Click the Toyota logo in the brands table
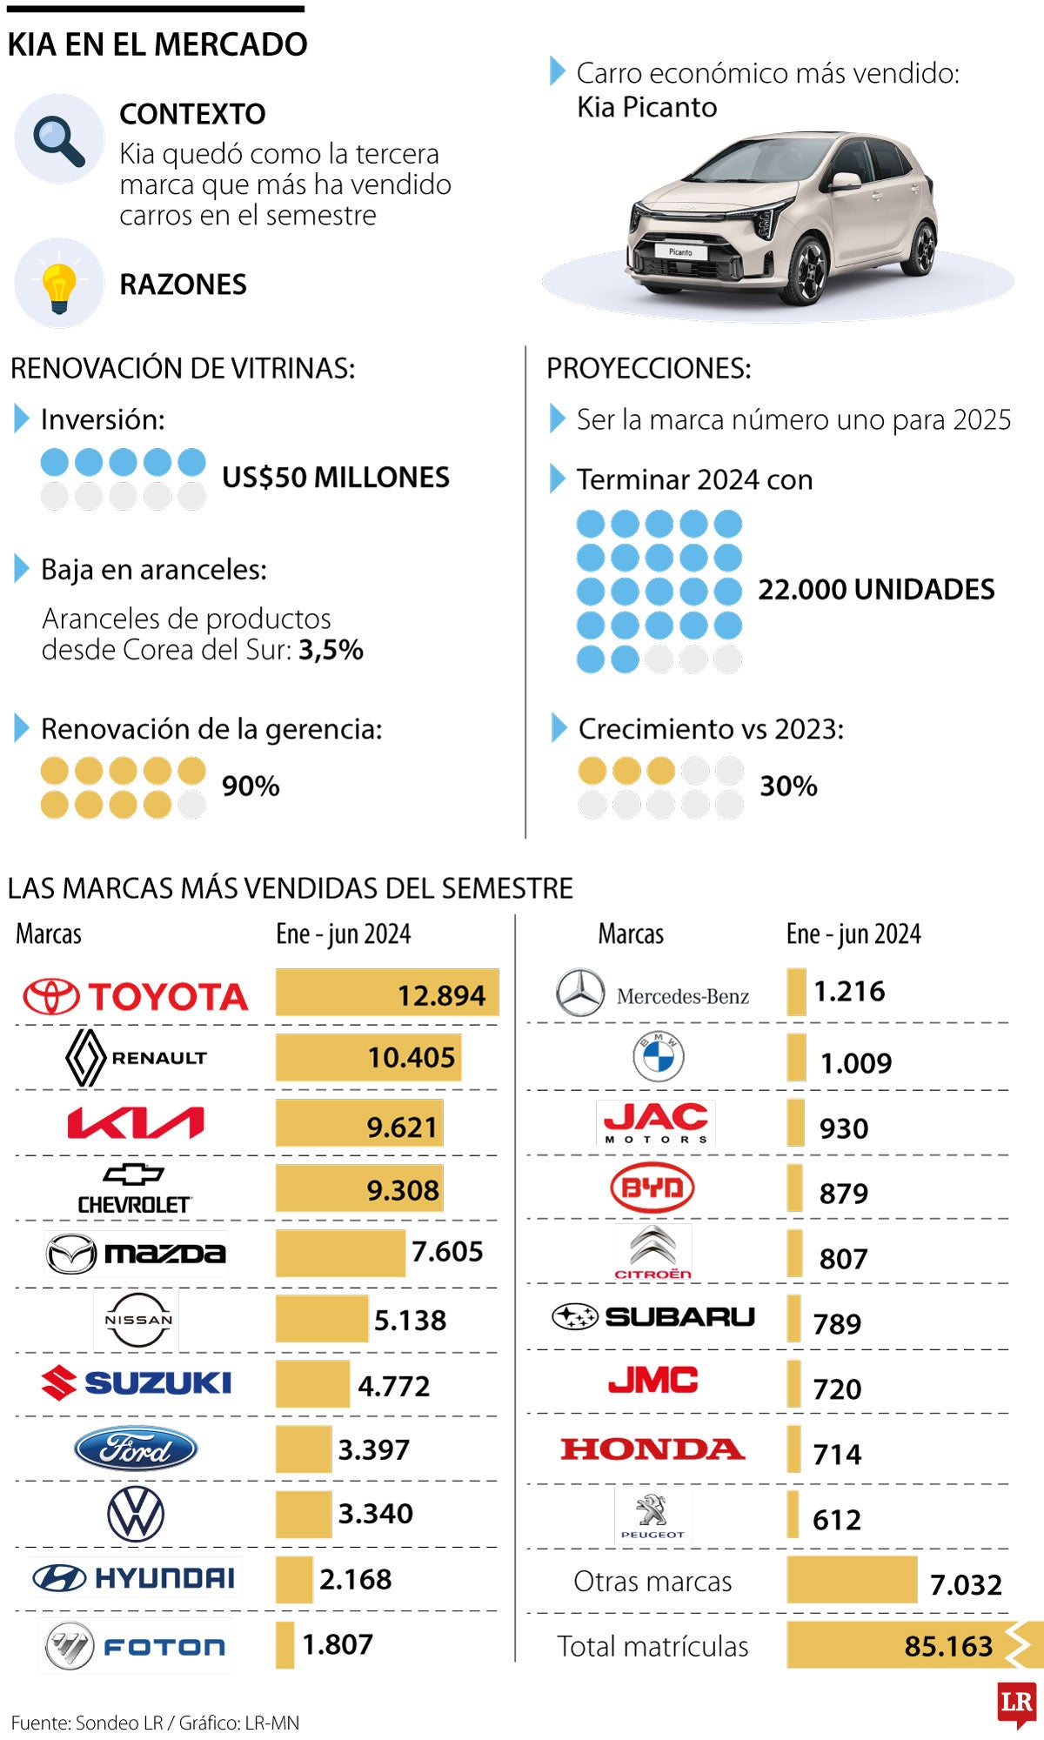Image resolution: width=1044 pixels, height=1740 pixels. click(136, 996)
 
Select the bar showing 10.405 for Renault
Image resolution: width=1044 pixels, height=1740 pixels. click(368, 1057)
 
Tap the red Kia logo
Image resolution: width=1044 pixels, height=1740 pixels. click(136, 1123)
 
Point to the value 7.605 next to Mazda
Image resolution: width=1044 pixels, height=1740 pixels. click(447, 1252)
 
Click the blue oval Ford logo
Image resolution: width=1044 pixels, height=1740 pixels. click(136, 1449)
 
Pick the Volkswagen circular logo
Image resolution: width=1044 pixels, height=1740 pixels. click(136, 1514)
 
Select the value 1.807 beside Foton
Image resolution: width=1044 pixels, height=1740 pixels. click(338, 1644)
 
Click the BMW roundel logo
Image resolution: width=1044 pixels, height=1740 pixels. click(658, 1057)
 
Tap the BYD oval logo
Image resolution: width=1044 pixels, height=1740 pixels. click(652, 1188)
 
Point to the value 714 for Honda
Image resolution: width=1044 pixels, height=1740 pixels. click(837, 1454)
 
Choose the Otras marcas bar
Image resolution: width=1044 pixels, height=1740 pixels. click(852, 1580)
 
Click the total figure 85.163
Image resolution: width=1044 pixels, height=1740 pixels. click(948, 1646)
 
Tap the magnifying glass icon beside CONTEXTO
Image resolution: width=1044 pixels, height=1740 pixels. click(59, 139)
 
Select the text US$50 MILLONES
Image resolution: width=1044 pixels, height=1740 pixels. click(336, 478)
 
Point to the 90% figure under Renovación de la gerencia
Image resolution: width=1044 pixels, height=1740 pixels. click(251, 786)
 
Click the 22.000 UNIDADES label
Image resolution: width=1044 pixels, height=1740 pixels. click(876, 590)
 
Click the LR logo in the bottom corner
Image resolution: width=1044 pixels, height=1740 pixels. click(1016, 1703)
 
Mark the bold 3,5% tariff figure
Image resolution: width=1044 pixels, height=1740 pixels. click(331, 650)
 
